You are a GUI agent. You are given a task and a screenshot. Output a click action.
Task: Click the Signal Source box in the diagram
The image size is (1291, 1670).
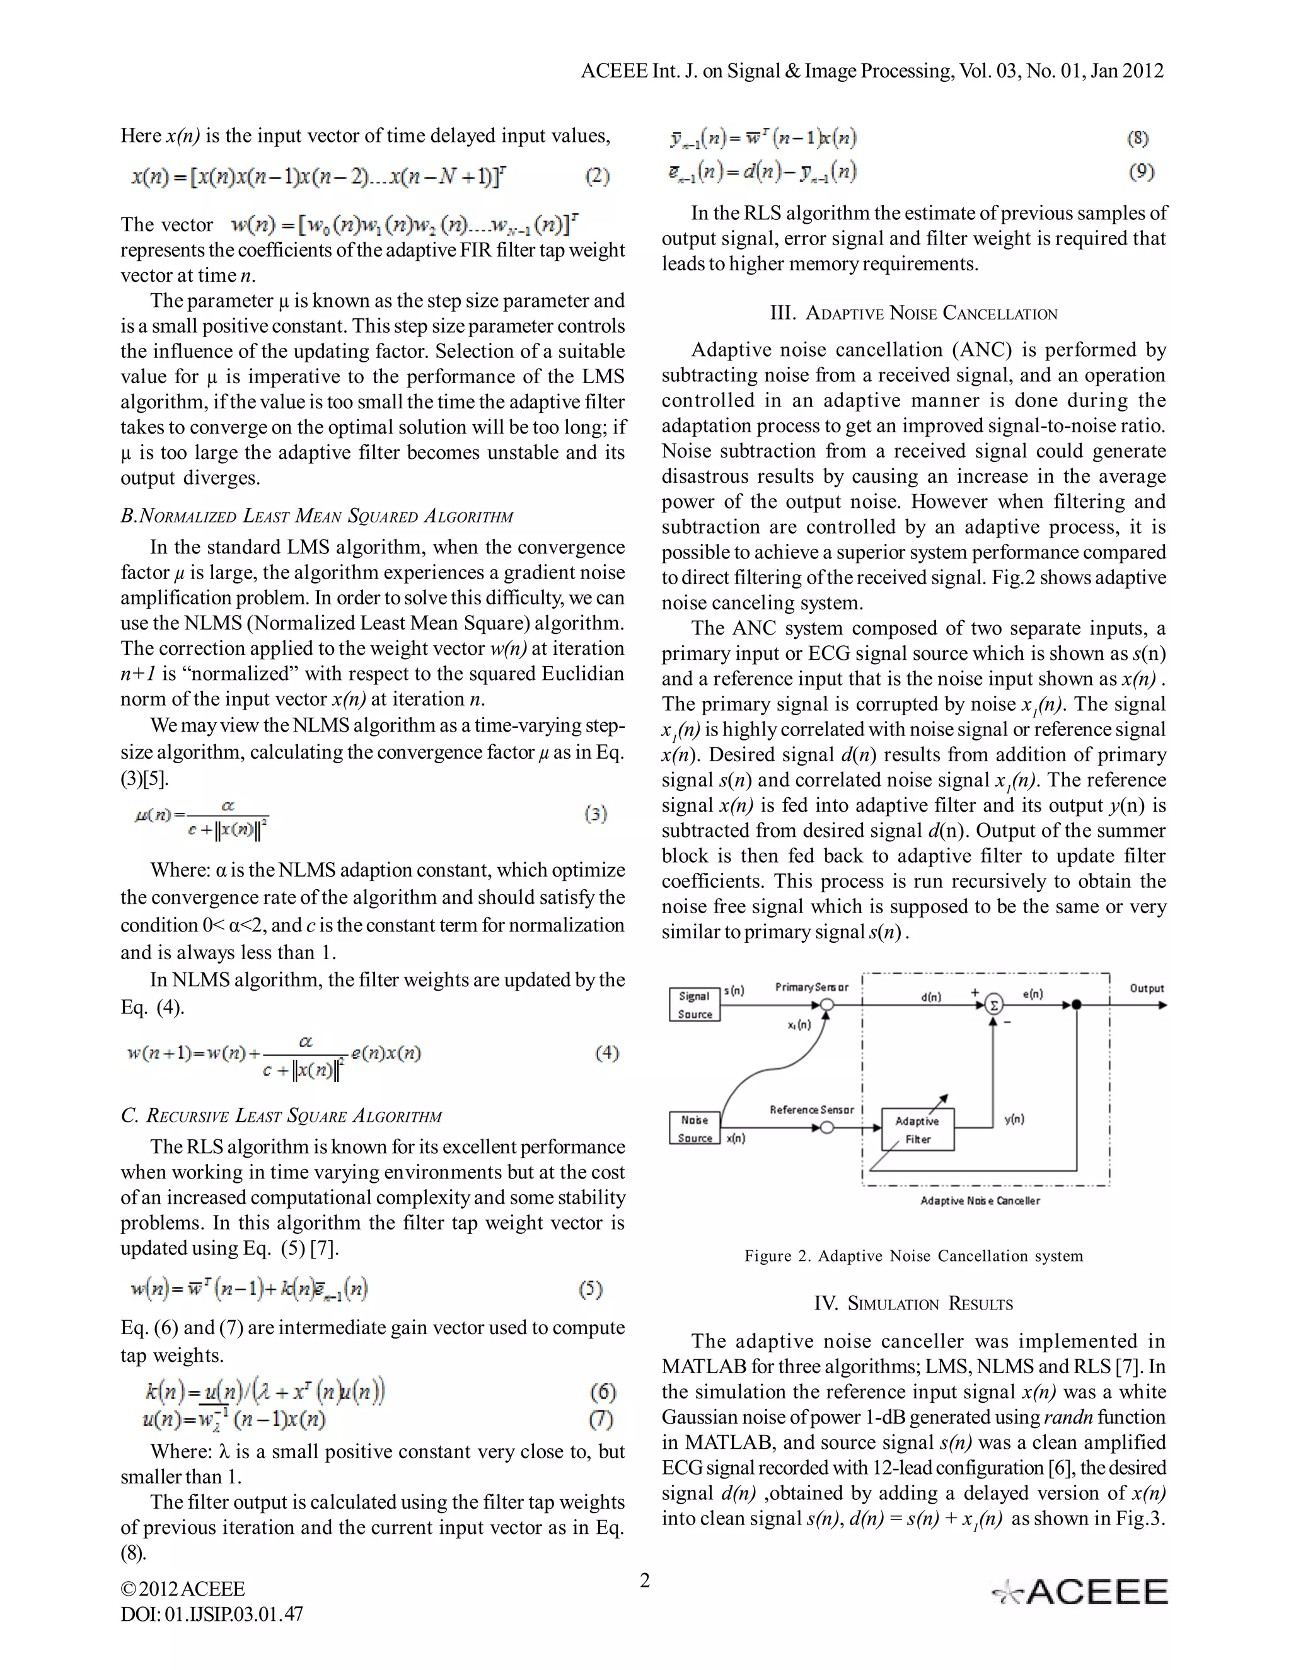coord(695,1005)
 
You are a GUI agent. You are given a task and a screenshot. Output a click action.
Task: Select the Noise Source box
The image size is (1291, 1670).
coord(695,1129)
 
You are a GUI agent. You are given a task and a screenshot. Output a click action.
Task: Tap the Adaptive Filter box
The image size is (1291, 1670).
coord(918,1129)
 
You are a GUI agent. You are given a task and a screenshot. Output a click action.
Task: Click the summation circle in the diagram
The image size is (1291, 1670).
coord(993,1005)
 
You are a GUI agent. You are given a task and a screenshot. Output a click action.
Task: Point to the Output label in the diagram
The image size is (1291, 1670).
coord(1147,988)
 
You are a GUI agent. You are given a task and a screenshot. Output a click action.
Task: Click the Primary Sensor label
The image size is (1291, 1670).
coord(811,987)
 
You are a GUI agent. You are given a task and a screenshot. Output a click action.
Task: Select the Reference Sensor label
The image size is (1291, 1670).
coord(811,1110)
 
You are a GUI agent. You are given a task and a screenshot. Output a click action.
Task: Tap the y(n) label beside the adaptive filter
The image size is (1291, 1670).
coord(1014,1119)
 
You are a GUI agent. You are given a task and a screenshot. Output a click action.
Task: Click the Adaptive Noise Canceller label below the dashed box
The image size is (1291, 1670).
coord(980,1201)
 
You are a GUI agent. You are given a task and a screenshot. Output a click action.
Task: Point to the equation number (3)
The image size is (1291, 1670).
coord(596,814)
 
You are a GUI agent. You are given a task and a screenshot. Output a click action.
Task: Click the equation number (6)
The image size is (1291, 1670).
coord(603,1391)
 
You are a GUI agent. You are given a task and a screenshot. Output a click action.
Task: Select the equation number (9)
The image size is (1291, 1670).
coord(1141,171)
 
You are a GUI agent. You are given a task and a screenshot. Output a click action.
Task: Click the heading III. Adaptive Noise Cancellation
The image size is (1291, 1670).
coord(913,313)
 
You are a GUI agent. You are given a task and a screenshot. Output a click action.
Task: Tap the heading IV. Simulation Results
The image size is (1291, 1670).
coord(913,1304)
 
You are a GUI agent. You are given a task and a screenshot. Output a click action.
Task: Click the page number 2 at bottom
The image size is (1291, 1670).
coord(645,1580)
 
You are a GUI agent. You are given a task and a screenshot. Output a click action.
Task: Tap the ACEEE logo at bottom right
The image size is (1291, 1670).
coord(1080,1592)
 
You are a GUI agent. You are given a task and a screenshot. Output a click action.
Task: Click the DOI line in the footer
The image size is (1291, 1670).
coord(212,1614)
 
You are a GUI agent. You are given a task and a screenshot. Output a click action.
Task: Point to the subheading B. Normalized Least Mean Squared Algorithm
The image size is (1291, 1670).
coord(316,516)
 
